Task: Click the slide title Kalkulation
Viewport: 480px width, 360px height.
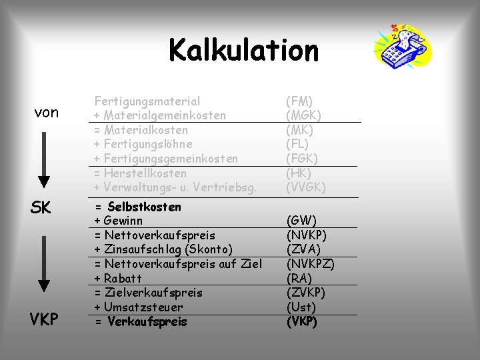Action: pos(243,50)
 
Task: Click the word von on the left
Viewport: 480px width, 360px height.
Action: pos(47,113)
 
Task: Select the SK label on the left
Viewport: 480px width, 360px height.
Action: pos(41,208)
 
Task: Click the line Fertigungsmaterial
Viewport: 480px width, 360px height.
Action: pos(147,101)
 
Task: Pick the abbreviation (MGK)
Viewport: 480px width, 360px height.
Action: pos(303,116)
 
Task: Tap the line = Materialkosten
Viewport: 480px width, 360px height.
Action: pos(141,130)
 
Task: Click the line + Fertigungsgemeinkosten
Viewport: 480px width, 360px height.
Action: pos(166,159)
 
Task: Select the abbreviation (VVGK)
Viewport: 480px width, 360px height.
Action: pos(306,187)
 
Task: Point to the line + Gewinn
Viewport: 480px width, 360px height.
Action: pos(119,221)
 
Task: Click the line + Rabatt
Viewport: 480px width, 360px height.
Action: pos(118,278)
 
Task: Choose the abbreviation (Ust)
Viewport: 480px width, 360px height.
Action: pos(301,307)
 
